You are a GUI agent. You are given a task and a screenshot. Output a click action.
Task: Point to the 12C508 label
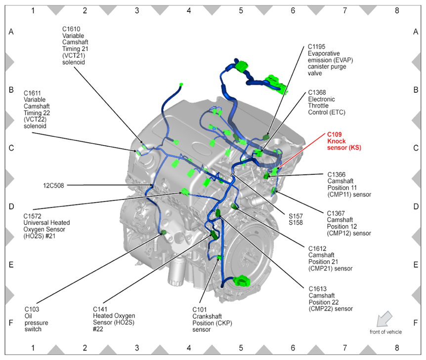click(54, 186)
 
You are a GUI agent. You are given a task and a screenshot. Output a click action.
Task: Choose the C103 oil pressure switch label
click(36, 319)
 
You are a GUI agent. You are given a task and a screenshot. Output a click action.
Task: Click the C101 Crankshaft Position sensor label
click(212, 319)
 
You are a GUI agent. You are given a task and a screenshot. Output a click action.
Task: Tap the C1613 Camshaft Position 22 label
click(330, 298)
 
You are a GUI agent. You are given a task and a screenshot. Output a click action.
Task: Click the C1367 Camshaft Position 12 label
click(349, 223)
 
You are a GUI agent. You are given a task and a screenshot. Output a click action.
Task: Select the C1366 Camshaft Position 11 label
click(349, 184)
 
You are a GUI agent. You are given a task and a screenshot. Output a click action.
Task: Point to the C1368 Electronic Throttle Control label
click(326, 102)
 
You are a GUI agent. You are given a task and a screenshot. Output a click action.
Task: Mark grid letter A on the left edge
click(11, 32)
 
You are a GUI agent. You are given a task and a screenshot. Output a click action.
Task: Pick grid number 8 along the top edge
click(396, 9)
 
